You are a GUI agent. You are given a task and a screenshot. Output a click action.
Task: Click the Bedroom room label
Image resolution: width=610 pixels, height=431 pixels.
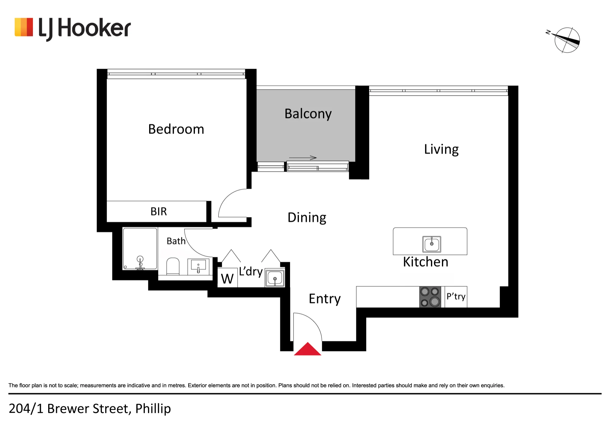176,129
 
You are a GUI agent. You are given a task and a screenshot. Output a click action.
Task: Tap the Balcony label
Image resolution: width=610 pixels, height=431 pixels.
308,114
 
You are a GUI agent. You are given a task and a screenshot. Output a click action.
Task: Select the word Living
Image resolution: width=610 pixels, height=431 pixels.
441,150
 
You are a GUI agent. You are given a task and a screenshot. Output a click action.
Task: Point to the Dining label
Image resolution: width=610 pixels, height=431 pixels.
307,218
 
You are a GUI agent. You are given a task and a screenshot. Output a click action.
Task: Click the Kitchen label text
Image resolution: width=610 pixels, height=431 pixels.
425,262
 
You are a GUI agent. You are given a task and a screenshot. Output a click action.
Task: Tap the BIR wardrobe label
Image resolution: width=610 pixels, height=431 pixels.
159,212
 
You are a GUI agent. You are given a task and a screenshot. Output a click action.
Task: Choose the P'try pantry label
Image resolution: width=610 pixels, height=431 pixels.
456,297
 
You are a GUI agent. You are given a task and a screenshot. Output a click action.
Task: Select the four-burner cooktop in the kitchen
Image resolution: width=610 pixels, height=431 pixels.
430,297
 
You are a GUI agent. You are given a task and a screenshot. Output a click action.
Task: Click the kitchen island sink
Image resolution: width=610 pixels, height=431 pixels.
432,244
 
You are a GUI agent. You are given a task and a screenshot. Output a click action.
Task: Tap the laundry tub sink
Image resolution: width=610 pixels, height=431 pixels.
275,278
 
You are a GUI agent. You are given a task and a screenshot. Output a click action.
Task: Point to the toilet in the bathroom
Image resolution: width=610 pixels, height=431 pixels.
173,266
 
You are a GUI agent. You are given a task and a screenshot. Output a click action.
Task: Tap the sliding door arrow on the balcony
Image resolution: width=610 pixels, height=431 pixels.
303,158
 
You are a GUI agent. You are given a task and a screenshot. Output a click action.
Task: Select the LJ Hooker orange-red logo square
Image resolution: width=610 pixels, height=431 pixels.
24,27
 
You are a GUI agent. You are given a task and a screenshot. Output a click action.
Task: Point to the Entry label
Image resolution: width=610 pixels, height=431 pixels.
325,299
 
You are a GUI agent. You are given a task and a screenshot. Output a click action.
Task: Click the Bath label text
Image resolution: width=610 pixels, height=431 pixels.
176,241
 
